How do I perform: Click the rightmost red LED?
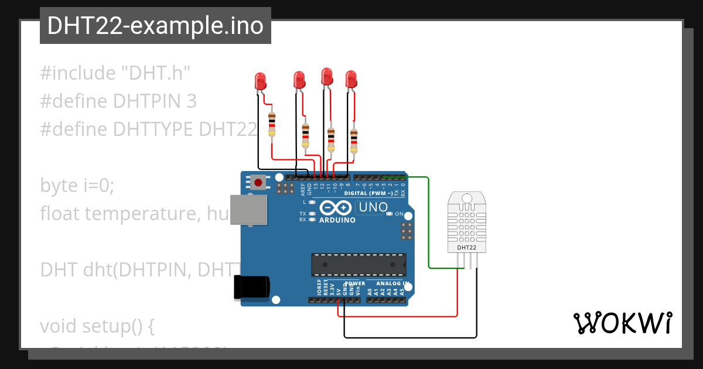point(351,78)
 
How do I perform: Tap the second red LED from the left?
point(299,80)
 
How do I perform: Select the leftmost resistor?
point(271,124)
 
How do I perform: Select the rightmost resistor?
point(353,141)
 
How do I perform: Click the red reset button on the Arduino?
point(258,182)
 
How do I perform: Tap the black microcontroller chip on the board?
point(359,265)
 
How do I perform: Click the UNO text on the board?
point(373,207)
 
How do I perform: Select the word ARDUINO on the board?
point(337,220)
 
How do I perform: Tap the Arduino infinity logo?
point(336,208)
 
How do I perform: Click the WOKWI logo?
point(622,323)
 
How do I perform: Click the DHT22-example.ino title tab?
point(155,26)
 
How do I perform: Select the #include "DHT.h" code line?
point(115,73)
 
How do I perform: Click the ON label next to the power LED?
point(399,214)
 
